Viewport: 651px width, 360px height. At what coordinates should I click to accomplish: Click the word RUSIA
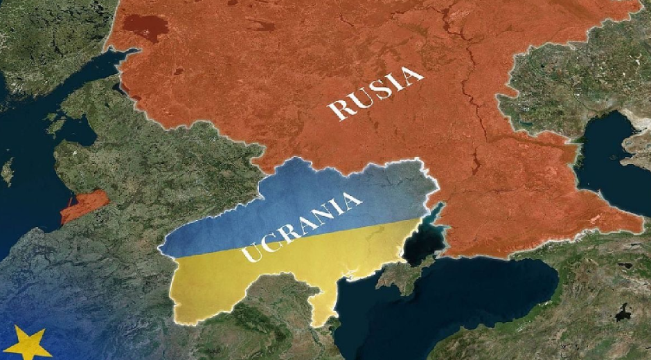pos(376,94)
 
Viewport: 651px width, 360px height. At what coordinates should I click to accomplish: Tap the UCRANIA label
pos(303,226)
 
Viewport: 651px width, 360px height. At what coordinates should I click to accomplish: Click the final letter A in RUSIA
pos(413,75)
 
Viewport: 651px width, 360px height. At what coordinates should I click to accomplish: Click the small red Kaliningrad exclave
pos(84,206)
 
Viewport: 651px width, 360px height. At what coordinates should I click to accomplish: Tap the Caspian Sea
pos(609,159)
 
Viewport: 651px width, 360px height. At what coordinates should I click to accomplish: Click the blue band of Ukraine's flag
pos(291,201)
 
